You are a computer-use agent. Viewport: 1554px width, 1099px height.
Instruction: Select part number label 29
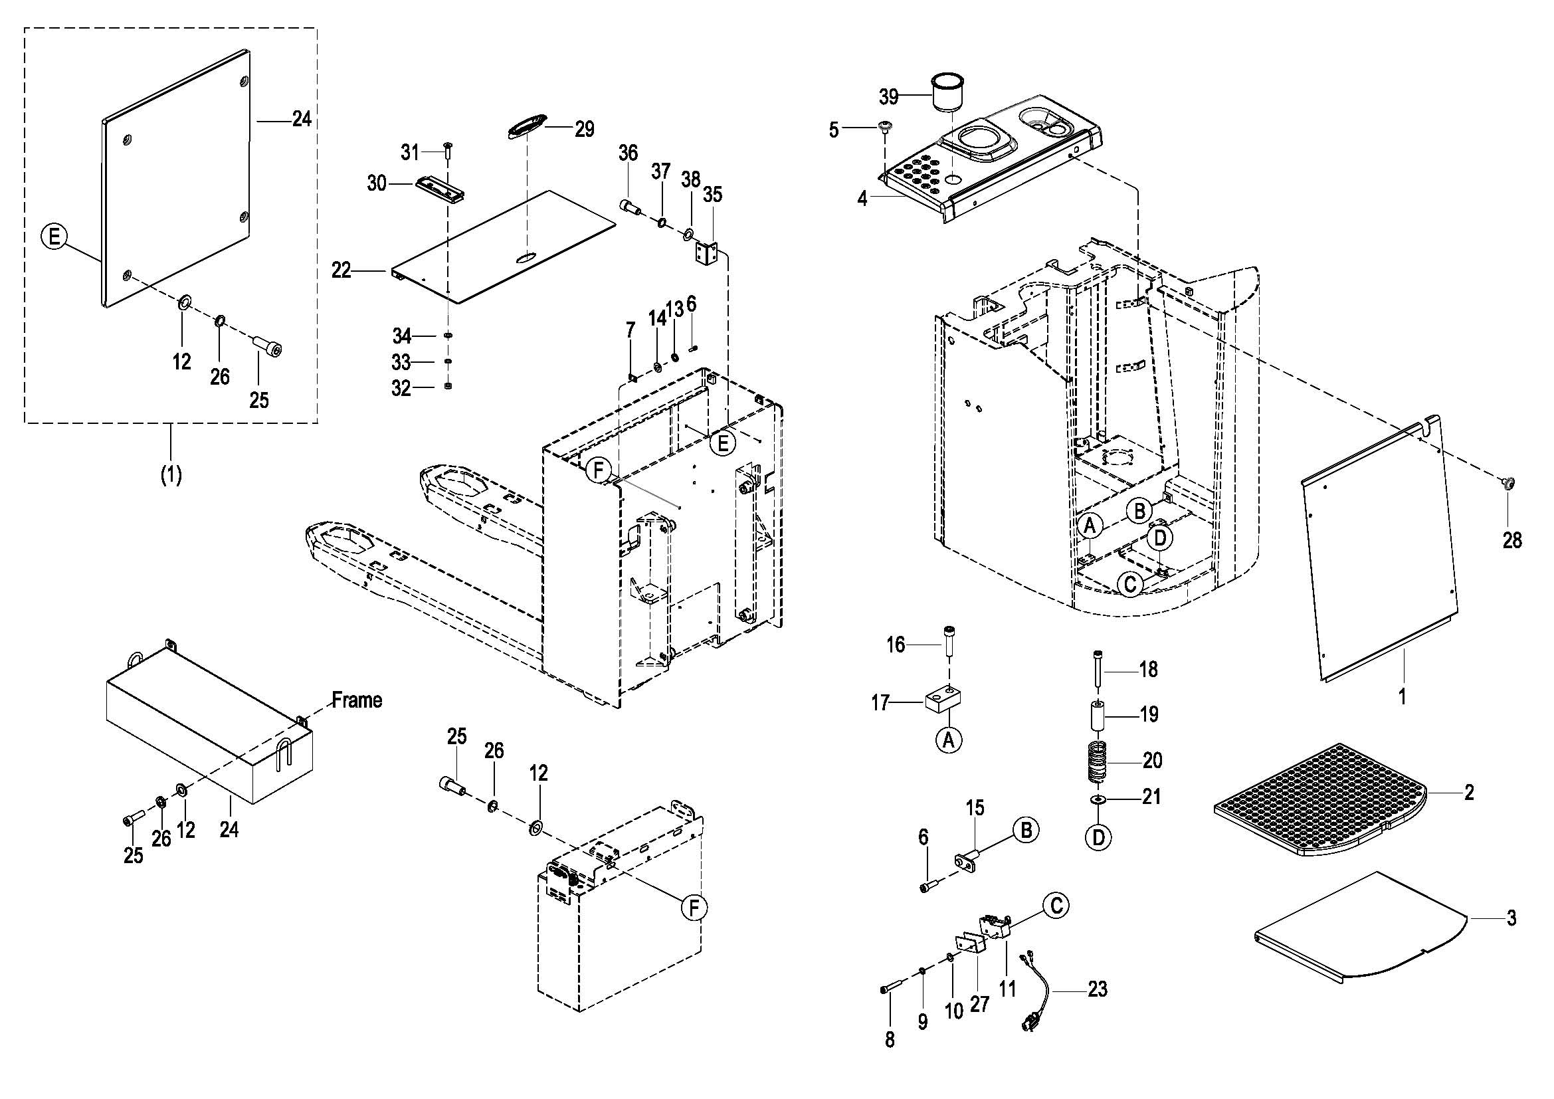pos(584,129)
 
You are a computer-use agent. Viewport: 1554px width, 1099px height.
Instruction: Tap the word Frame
pos(357,700)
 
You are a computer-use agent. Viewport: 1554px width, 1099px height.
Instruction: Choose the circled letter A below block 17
pos(949,740)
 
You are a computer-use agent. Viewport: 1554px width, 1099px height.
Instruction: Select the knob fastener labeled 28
pos(1507,482)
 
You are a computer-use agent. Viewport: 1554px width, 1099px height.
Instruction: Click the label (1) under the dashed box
pos(171,475)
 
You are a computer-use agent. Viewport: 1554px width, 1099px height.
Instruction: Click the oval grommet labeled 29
pos(528,126)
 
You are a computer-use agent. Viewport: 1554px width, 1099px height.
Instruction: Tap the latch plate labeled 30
pos(440,187)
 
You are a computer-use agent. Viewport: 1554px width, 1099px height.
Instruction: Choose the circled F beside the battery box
pos(694,908)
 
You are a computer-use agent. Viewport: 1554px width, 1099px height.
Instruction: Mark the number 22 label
pos(341,270)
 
